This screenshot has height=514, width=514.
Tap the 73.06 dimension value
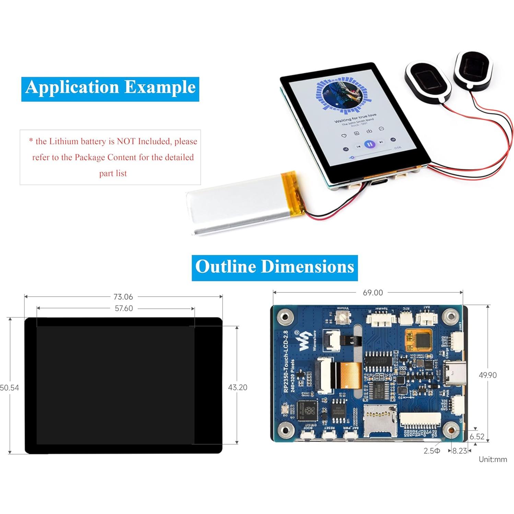123,297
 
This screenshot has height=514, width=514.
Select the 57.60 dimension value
124,308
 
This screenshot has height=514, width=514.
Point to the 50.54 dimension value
10,388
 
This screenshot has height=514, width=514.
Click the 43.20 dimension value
237,387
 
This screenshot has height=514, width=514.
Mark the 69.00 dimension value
373,293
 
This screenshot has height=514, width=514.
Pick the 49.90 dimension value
488,375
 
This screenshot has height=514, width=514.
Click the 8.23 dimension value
459,451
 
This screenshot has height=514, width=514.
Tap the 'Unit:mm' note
493,459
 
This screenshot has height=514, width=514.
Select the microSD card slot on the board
380,421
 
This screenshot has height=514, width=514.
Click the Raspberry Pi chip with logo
307,410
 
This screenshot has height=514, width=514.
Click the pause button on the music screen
369,144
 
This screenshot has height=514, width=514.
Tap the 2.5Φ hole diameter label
432,451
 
